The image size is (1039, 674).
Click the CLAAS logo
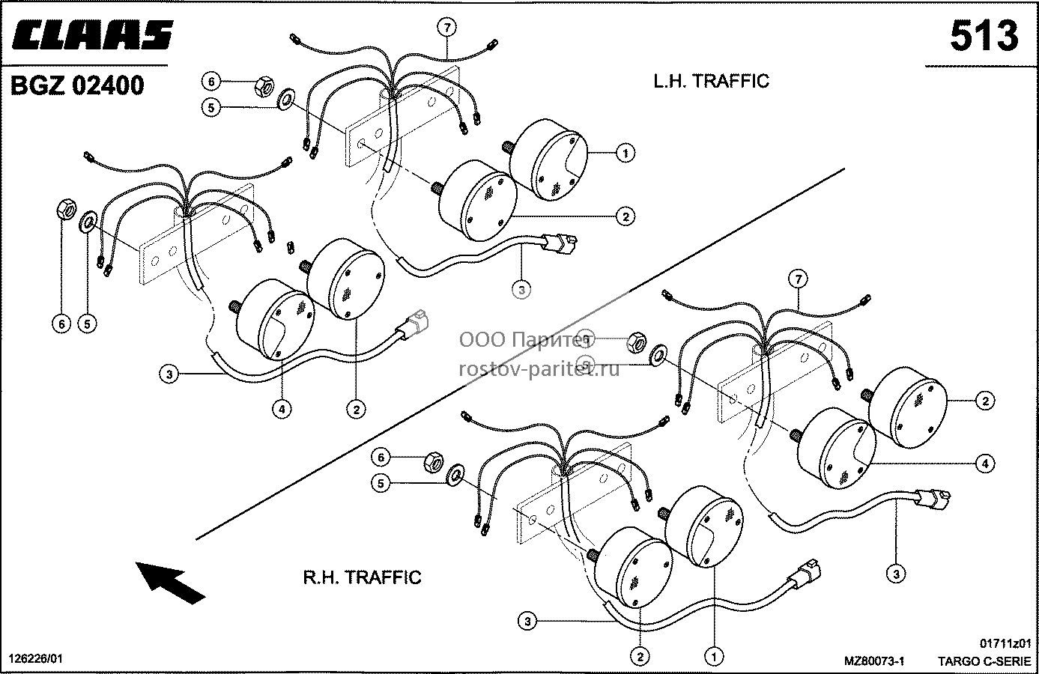click(x=92, y=34)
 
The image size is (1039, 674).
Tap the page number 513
click(x=984, y=36)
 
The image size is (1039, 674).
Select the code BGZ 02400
click(x=77, y=86)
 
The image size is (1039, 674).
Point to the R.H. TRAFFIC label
click(x=363, y=577)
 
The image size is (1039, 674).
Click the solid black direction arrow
click(x=170, y=582)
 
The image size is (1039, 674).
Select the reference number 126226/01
click(x=35, y=659)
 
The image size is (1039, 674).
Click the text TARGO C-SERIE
click(x=984, y=661)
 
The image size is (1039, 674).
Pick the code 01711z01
click(x=1005, y=643)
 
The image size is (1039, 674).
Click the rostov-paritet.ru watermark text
click(x=539, y=369)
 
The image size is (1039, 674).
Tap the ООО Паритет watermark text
click(x=527, y=340)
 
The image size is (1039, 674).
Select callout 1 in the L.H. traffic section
click(x=625, y=153)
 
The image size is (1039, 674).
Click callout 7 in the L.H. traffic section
click(x=446, y=28)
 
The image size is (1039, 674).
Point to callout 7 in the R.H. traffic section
click(x=799, y=279)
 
